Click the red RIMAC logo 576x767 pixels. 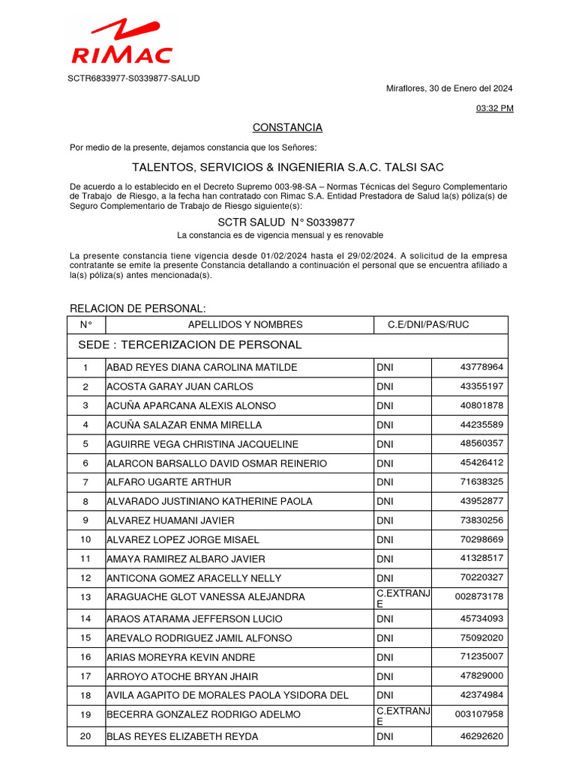[121, 43]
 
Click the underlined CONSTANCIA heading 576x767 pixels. [287, 127]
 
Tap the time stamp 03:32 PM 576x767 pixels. [495, 109]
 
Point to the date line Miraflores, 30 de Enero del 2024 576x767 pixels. [448, 88]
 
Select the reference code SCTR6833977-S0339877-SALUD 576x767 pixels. [134, 78]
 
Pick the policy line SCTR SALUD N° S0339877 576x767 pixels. [286, 222]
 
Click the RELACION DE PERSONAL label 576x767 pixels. [137, 309]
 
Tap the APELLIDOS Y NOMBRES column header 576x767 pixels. [245, 325]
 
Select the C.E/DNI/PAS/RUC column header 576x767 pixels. [428, 325]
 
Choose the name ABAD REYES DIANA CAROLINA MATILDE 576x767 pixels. [202, 368]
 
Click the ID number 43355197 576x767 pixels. [481, 386]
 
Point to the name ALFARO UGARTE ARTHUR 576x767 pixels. [169, 482]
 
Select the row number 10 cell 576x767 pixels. [85, 540]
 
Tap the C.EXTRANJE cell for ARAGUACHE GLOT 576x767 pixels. [403, 598]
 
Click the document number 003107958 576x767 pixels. [479, 715]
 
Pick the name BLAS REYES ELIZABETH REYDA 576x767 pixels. [182, 737]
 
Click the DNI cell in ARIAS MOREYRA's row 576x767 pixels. [385, 658]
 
